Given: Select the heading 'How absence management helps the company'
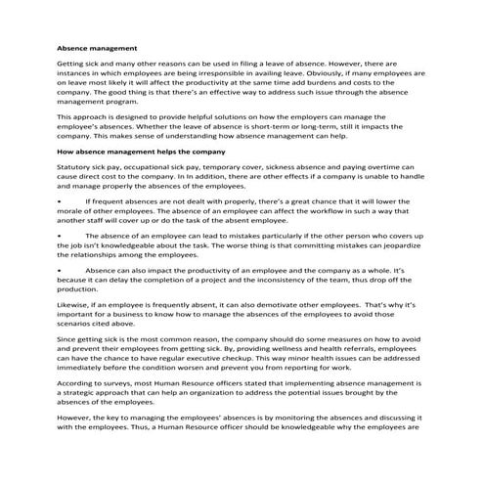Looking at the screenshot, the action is coord(142,152).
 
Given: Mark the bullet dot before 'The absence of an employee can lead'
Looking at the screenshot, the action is coord(60,236).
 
